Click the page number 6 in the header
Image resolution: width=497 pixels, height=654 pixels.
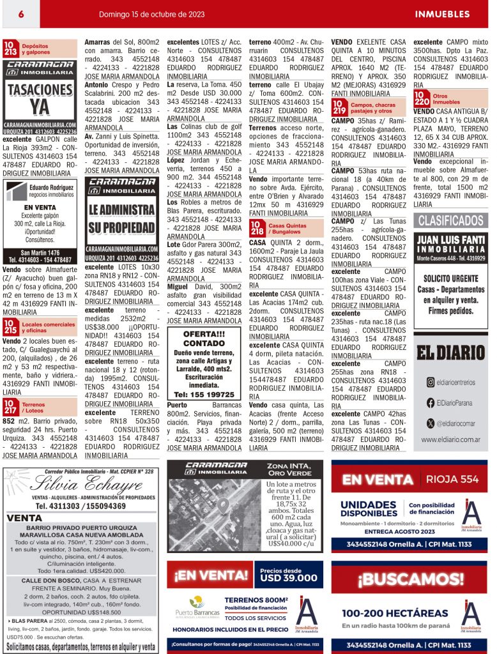pyautogui.click(x=21, y=13)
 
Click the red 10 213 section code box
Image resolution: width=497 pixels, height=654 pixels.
pyautogui.click(x=11, y=49)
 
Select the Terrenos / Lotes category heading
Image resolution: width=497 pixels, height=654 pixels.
pyautogui.click(x=33, y=407)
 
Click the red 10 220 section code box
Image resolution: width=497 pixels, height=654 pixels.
pyautogui.click(x=422, y=99)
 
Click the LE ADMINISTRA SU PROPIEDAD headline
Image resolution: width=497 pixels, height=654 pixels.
pyautogui.click(x=122, y=218)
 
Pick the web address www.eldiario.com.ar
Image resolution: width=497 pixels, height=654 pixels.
pyautogui.click(x=450, y=439)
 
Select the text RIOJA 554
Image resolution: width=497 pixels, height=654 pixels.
pyautogui.click(x=452, y=479)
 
